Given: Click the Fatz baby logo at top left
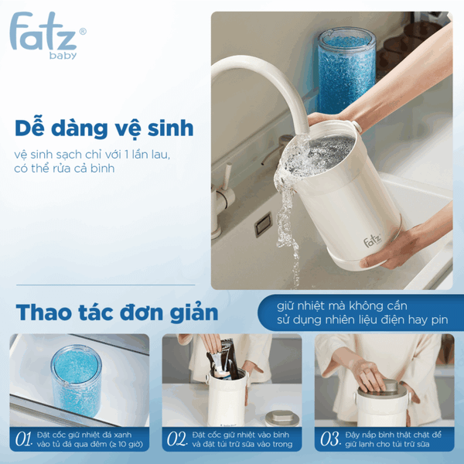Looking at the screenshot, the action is click(47, 35).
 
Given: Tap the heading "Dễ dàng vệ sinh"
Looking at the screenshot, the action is click(104, 128).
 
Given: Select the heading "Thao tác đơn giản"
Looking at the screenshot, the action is click(117, 312).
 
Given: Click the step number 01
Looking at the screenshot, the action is click(23, 438).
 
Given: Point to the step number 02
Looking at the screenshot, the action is click(176, 438).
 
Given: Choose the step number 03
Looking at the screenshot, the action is click(330, 438).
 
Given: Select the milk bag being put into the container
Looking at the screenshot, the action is click(223, 360).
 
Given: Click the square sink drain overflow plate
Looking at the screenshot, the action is click(263, 224).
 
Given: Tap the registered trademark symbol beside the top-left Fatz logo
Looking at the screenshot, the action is click(84, 32).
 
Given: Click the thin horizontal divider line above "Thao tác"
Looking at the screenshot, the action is click(106, 285).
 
